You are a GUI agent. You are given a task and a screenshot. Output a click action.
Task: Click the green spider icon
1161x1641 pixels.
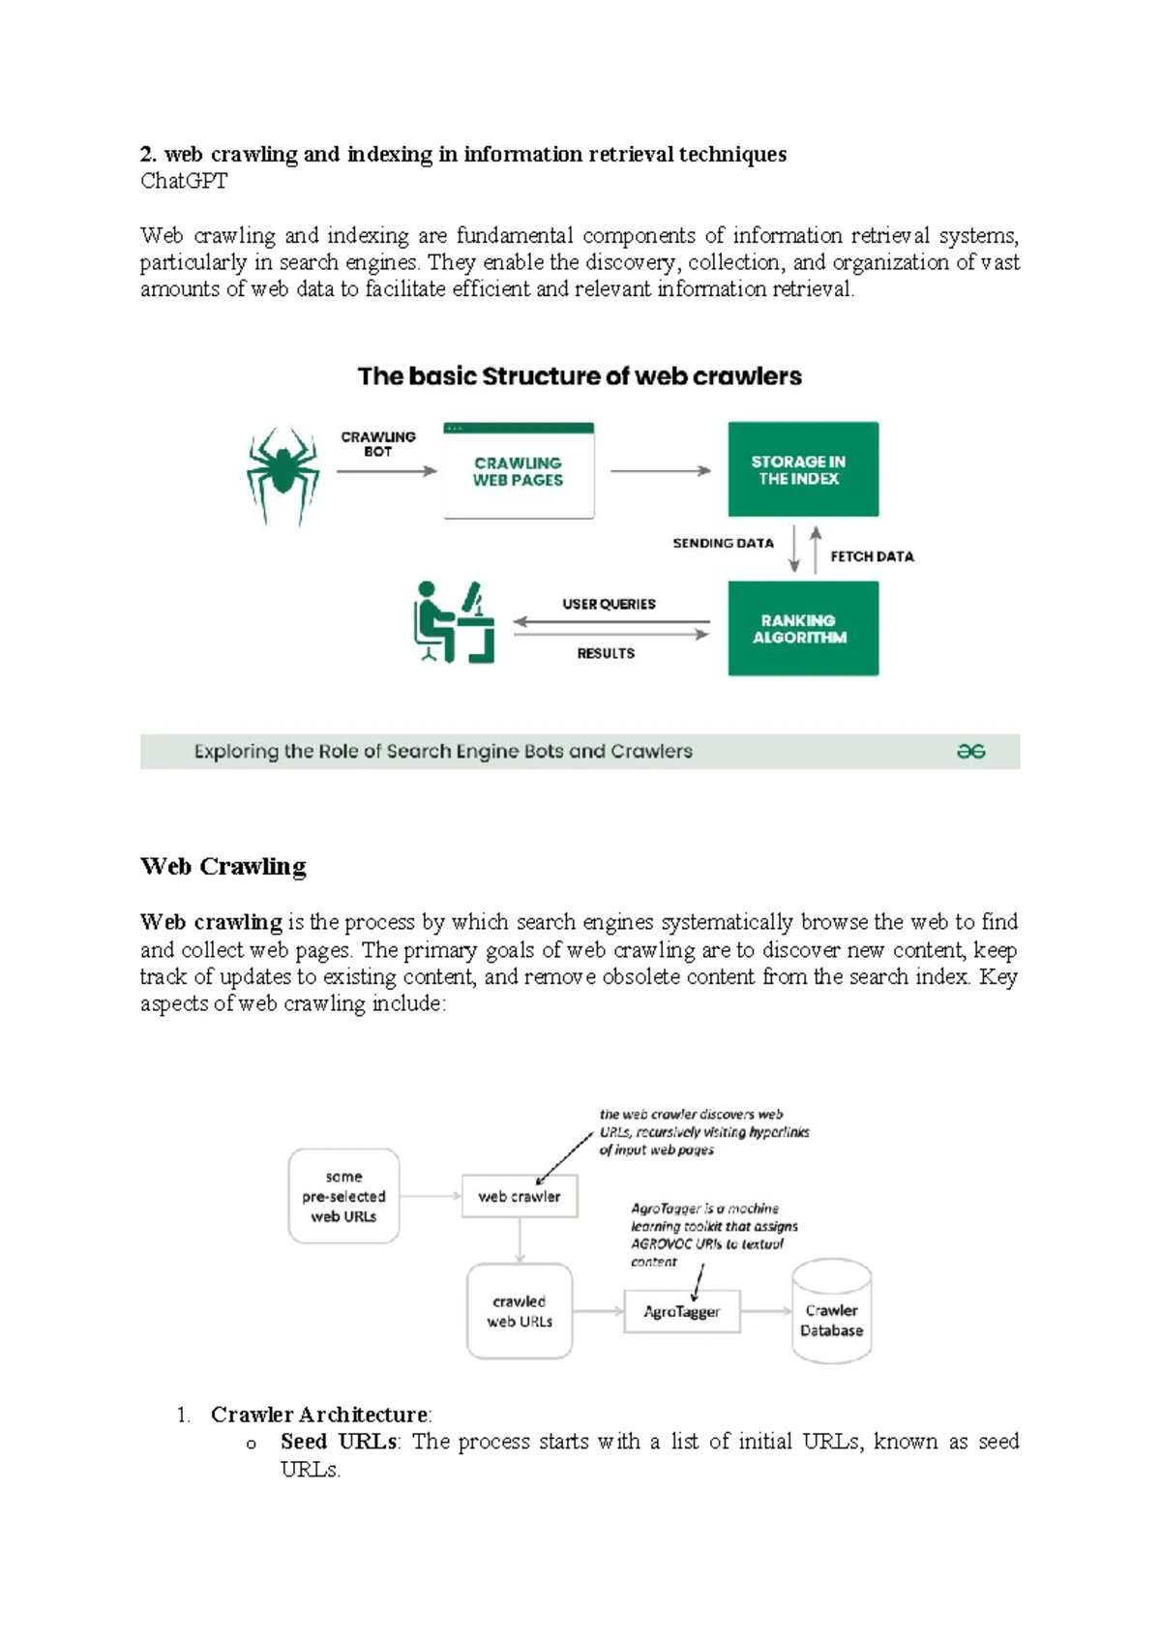coord(282,474)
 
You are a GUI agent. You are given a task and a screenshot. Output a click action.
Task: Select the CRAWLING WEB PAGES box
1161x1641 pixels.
coord(519,471)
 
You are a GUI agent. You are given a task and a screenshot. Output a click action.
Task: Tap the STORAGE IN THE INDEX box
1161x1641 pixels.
coord(802,469)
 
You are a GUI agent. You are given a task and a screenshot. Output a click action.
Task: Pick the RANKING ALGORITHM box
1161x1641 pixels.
coord(802,628)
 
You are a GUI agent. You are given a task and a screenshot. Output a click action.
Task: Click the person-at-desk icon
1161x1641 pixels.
coord(453,622)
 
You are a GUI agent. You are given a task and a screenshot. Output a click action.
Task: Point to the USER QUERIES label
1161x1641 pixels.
coord(609,604)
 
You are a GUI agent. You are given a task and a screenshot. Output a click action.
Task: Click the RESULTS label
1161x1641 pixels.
coord(606,653)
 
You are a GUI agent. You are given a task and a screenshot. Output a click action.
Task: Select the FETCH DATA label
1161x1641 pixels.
coord(871,556)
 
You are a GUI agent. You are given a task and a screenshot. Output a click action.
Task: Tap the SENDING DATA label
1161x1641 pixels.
coord(723,543)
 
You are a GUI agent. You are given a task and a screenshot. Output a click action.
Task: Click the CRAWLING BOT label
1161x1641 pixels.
coord(377,444)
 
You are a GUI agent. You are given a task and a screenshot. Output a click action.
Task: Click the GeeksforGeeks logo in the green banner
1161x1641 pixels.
coord(970,751)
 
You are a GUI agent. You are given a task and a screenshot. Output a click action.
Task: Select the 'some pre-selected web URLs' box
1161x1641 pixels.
coord(343,1196)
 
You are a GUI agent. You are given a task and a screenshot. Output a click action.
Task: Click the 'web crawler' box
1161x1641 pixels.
coord(520,1196)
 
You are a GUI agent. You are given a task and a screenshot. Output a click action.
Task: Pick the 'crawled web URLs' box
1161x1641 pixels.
coord(520,1311)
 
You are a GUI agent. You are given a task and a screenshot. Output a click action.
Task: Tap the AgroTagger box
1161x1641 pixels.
coord(681,1311)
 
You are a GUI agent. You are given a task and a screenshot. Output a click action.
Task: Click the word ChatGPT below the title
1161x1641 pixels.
coord(184,181)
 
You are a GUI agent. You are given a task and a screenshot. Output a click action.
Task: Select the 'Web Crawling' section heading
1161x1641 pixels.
coord(223,866)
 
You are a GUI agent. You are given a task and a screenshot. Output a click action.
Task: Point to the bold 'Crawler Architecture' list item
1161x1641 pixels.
coord(319,1415)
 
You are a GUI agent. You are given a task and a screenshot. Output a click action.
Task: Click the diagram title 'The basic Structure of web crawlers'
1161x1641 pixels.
coord(580,376)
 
